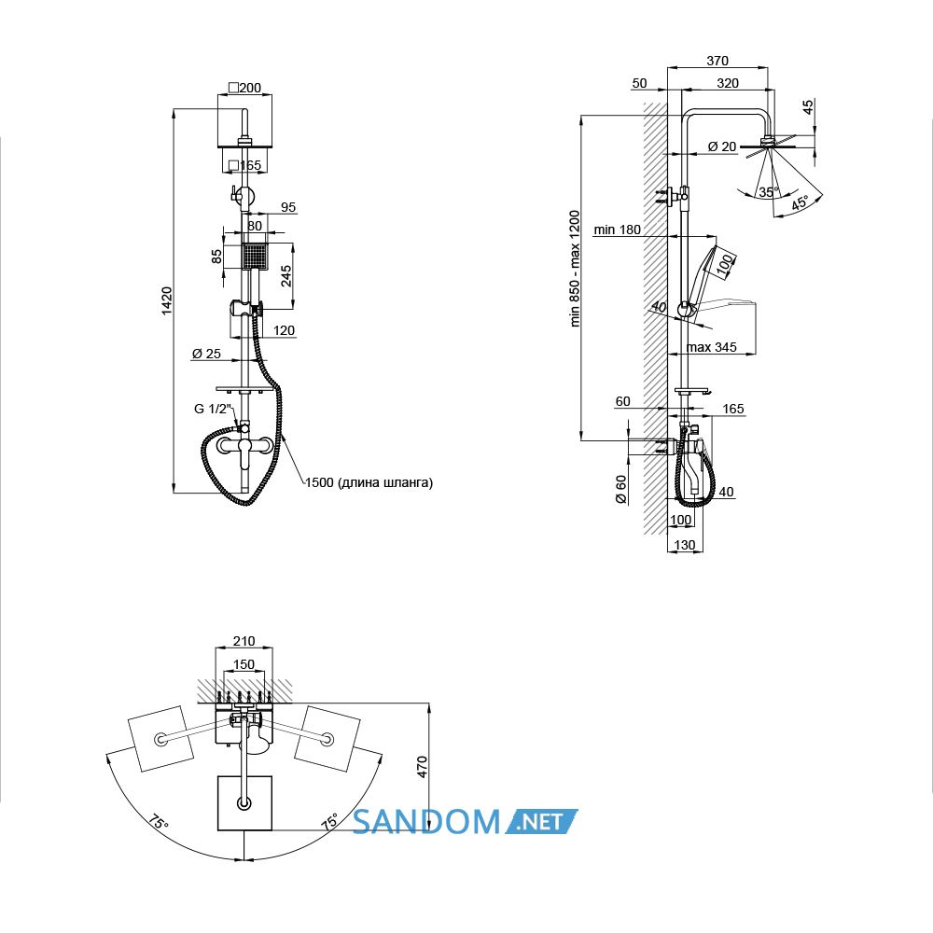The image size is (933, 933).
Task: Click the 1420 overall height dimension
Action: [167, 300]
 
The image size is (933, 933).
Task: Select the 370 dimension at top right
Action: [717, 60]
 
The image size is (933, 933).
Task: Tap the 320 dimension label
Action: [727, 83]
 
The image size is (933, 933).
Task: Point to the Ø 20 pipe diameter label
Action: [722, 146]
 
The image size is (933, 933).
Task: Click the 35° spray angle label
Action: [768, 191]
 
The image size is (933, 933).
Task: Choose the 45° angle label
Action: [801, 203]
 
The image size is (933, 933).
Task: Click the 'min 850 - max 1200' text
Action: [574, 269]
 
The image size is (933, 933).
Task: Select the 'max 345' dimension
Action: [711, 347]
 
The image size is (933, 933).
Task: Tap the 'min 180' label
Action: [617, 230]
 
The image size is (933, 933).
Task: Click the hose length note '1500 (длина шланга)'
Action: [369, 482]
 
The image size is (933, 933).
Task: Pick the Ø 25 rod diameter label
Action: [206, 354]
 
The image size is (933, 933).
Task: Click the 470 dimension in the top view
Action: [422, 766]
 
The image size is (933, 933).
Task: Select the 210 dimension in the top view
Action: [244, 641]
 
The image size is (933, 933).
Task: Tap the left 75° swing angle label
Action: [159, 823]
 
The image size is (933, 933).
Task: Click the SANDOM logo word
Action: [426, 822]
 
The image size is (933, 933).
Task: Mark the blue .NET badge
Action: [541, 821]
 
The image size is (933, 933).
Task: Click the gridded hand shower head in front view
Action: [256, 257]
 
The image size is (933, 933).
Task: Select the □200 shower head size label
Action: [244, 88]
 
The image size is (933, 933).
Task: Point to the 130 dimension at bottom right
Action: [684, 545]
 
